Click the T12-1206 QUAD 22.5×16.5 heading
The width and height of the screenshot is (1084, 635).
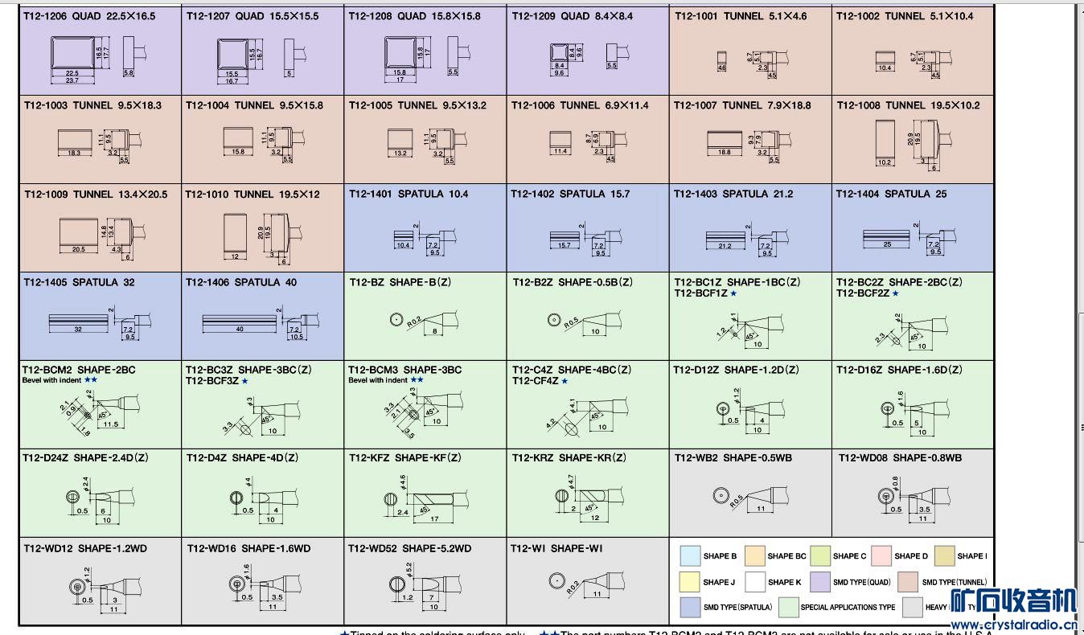click(89, 16)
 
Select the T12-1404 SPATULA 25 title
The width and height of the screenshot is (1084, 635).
click(891, 194)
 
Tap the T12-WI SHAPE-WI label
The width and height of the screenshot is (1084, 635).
click(556, 548)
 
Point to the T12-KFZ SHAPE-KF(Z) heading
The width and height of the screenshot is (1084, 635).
click(405, 458)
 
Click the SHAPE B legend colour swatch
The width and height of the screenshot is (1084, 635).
click(690, 556)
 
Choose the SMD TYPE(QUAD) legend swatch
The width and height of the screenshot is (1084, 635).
click(820, 582)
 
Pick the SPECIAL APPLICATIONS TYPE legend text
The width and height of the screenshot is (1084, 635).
click(848, 608)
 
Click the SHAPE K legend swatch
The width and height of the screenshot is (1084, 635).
click(755, 582)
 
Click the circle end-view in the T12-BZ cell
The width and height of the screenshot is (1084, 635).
click(396, 319)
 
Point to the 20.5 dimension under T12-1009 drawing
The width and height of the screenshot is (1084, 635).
click(78, 249)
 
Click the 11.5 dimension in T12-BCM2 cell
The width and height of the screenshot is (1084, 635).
click(111, 424)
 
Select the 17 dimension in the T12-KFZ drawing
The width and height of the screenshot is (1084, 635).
click(435, 519)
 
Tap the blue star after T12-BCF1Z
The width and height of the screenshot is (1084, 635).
click(733, 293)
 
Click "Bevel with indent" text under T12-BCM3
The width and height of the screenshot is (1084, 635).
click(378, 380)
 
